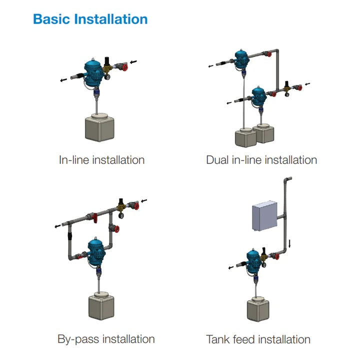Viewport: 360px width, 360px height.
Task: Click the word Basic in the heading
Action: coord(51,19)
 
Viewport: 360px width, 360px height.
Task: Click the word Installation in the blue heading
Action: coord(111,19)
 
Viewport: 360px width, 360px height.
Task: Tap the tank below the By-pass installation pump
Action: coord(100,307)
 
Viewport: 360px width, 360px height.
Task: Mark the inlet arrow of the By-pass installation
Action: coord(144,201)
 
